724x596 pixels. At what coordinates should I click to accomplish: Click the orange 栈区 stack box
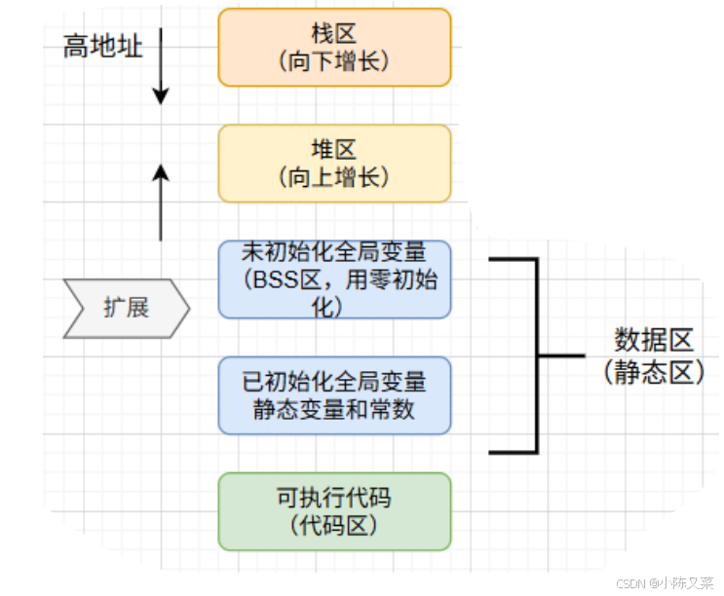pyautogui.click(x=334, y=47)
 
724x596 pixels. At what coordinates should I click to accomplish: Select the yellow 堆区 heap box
pyautogui.click(x=334, y=163)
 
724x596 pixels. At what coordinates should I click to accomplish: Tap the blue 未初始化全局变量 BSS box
pyautogui.click(x=334, y=279)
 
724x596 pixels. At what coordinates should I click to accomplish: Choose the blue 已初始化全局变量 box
pyautogui.click(x=334, y=394)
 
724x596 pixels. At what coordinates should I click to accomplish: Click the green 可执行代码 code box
pyautogui.click(x=334, y=511)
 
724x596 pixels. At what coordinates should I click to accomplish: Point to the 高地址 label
pyautogui.click(x=103, y=46)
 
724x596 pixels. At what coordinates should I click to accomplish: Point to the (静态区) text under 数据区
pyautogui.click(x=653, y=372)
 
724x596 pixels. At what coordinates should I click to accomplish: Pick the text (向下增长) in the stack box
pyautogui.click(x=334, y=61)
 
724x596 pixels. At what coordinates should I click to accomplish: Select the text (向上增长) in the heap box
pyautogui.click(x=334, y=177)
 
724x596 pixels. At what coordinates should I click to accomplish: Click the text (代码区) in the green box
pyautogui.click(x=334, y=526)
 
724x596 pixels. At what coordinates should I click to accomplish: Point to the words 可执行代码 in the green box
pyautogui.click(x=334, y=498)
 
